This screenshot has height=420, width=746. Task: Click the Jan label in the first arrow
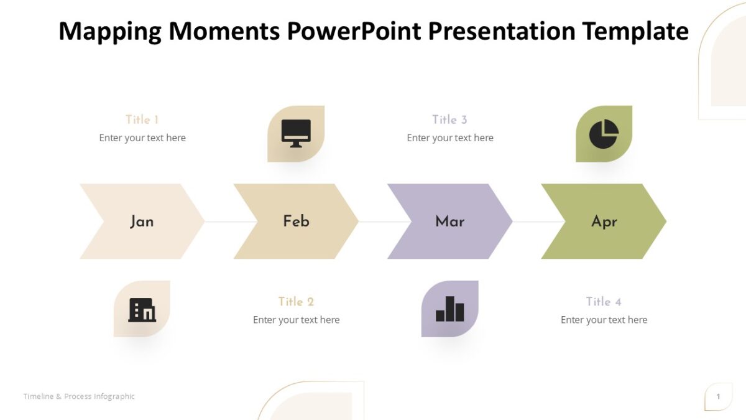tap(142, 222)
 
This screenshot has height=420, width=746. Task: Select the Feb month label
tap(296, 221)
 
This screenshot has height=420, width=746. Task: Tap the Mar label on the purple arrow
tap(449, 221)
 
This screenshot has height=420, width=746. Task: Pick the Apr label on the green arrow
tap(604, 222)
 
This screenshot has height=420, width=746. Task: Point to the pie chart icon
tap(604, 134)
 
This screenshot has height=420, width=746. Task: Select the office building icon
tap(142, 309)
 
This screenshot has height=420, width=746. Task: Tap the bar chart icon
tap(449, 309)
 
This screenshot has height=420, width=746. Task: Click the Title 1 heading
tap(142, 119)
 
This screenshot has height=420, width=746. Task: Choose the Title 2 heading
tap(296, 302)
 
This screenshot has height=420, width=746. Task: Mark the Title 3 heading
tap(449, 119)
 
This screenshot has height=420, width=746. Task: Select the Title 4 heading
tap(604, 302)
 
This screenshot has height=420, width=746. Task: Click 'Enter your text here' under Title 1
tap(142, 138)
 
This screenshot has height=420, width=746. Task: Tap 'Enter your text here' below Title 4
tap(604, 320)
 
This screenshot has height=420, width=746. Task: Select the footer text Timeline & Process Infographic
tap(79, 396)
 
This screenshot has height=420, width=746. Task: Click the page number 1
tap(718, 396)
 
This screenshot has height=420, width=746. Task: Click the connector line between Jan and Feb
tap(230, 222)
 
